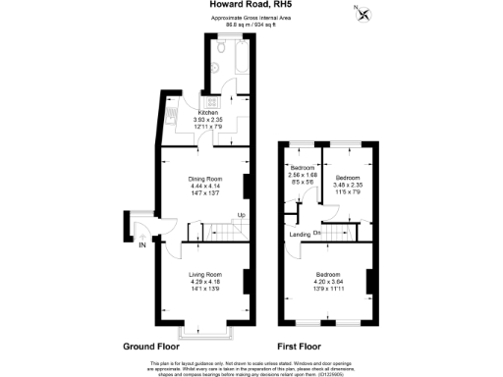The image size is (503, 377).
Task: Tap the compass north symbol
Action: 364,14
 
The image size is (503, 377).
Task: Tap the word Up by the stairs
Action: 241,215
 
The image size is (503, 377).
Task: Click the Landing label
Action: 301,235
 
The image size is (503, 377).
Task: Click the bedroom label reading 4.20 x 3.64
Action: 329,278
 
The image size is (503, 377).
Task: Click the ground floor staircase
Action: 221,232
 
